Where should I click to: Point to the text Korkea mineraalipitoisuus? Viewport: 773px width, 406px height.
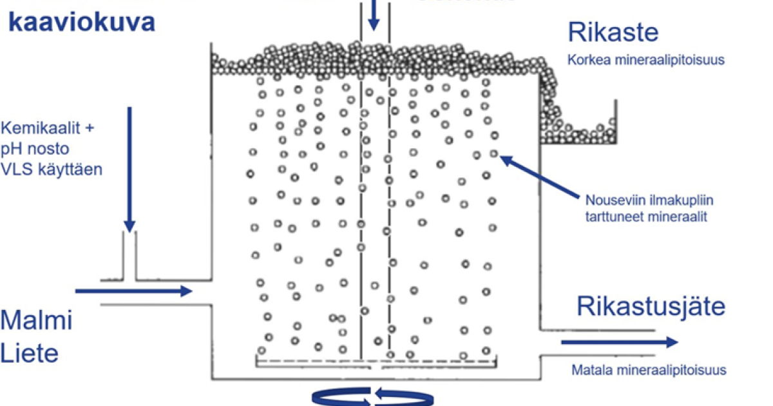(x=646, y=61)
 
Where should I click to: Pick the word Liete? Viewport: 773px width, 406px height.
(x=30, y=353)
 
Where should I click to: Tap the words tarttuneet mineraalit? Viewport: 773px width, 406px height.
(x=647, y=217)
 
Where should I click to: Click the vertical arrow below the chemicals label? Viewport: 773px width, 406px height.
(x=129, y=168)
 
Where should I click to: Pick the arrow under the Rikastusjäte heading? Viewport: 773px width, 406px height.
(x=619, y=342)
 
